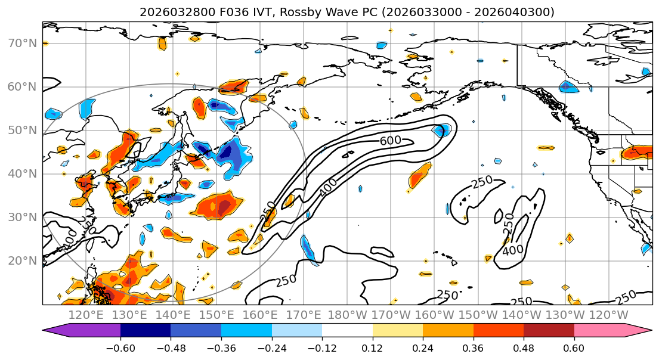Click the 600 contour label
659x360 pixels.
[391, 140]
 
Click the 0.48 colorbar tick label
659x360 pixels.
[524, 347]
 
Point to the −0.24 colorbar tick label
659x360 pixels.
[271, 347]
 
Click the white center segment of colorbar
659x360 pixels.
[347, 331]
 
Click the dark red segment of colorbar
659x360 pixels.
[549, 331]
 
